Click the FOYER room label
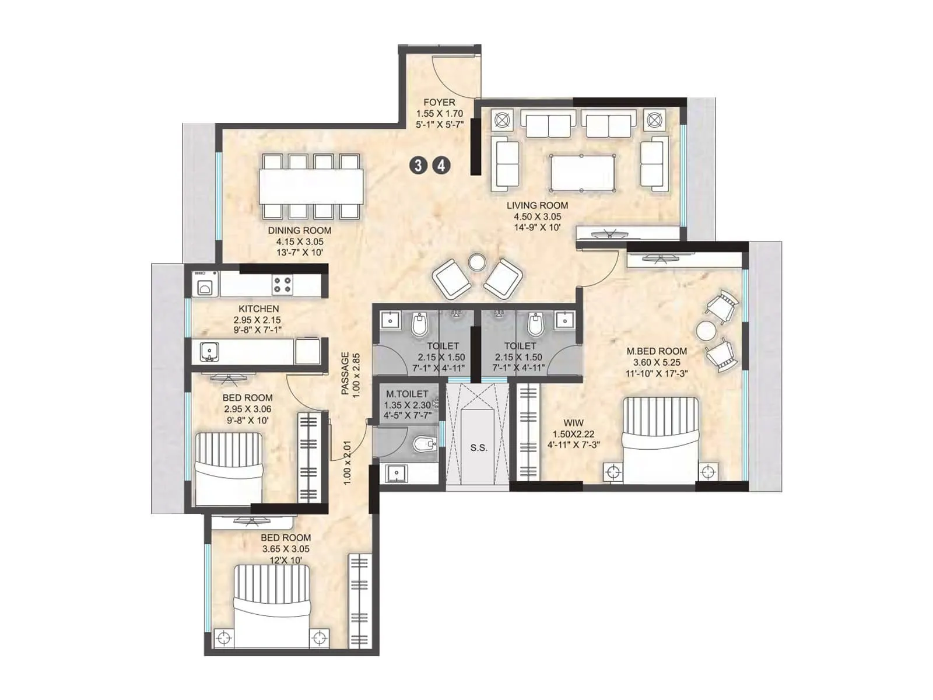(439, 103)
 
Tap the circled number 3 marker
(418, 166)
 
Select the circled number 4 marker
(441, 166)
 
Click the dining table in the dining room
(312, 185)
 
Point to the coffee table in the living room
(581, 172)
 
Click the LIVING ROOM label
(536, 205)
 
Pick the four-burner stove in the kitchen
(283, 285)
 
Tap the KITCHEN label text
(258, 309)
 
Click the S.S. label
(478, 448)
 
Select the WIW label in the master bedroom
(574, 423)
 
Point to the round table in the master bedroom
(706, 331)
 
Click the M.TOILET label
(407, 394)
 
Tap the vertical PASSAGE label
(345, 373)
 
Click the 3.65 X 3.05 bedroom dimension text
(286, 549)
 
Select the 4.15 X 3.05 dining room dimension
(300, 242)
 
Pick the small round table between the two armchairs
(478, 261)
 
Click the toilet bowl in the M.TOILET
(423, 446)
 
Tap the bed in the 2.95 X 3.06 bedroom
(227, 467)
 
